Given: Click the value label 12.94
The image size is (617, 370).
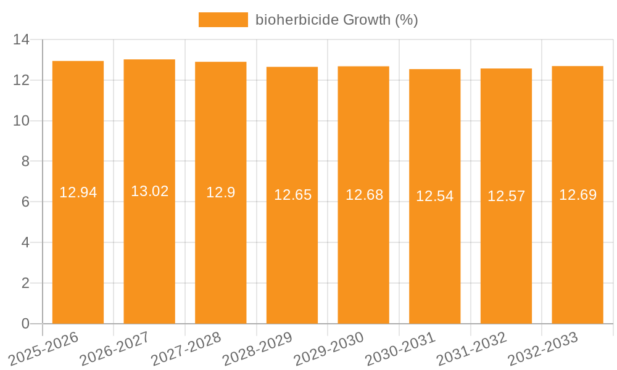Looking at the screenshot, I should [78, 192].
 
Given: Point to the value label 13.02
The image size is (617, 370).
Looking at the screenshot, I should [149, 191].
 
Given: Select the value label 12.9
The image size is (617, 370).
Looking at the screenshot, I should [220, 192].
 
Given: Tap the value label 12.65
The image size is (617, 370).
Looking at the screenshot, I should [292, 195].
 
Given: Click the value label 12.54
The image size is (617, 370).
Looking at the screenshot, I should [434, 196].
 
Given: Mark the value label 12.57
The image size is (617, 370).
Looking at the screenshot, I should [506, 196].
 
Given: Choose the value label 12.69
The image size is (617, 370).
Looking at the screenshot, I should [578, 195].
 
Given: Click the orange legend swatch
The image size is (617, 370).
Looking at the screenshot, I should [223, 20].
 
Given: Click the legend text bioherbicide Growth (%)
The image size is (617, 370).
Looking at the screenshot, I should [336, 20].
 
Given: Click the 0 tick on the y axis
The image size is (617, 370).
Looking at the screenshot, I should [25, 324].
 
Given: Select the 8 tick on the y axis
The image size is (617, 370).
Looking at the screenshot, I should [25, 162].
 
